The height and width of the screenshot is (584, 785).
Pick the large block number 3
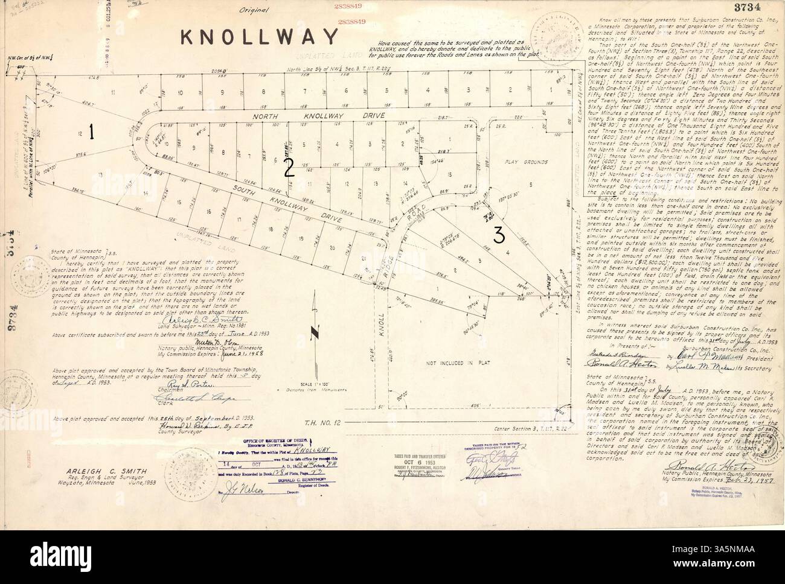coord(499,236)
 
